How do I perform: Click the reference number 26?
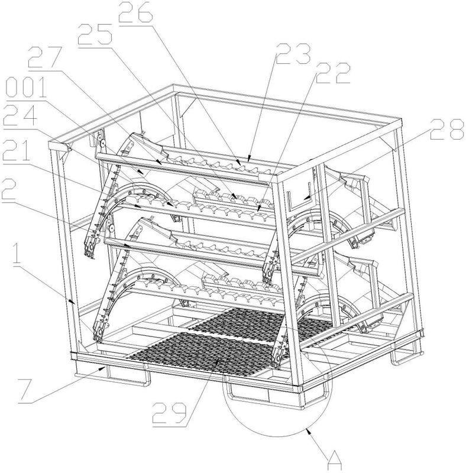tap(135, 12)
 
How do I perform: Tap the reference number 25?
tap(95, 34)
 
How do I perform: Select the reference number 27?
tap(46, 57)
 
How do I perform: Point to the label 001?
tap(26, 87)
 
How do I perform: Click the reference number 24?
tap(20, 115)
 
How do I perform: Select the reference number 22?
tap(332, 73)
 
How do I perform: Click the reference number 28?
tap(447, 129)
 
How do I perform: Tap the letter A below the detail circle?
tap(334, 461)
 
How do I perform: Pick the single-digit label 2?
tap(9, 189)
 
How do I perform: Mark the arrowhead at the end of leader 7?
tap(103, 368)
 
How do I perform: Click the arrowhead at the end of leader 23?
tap(249, 158)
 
